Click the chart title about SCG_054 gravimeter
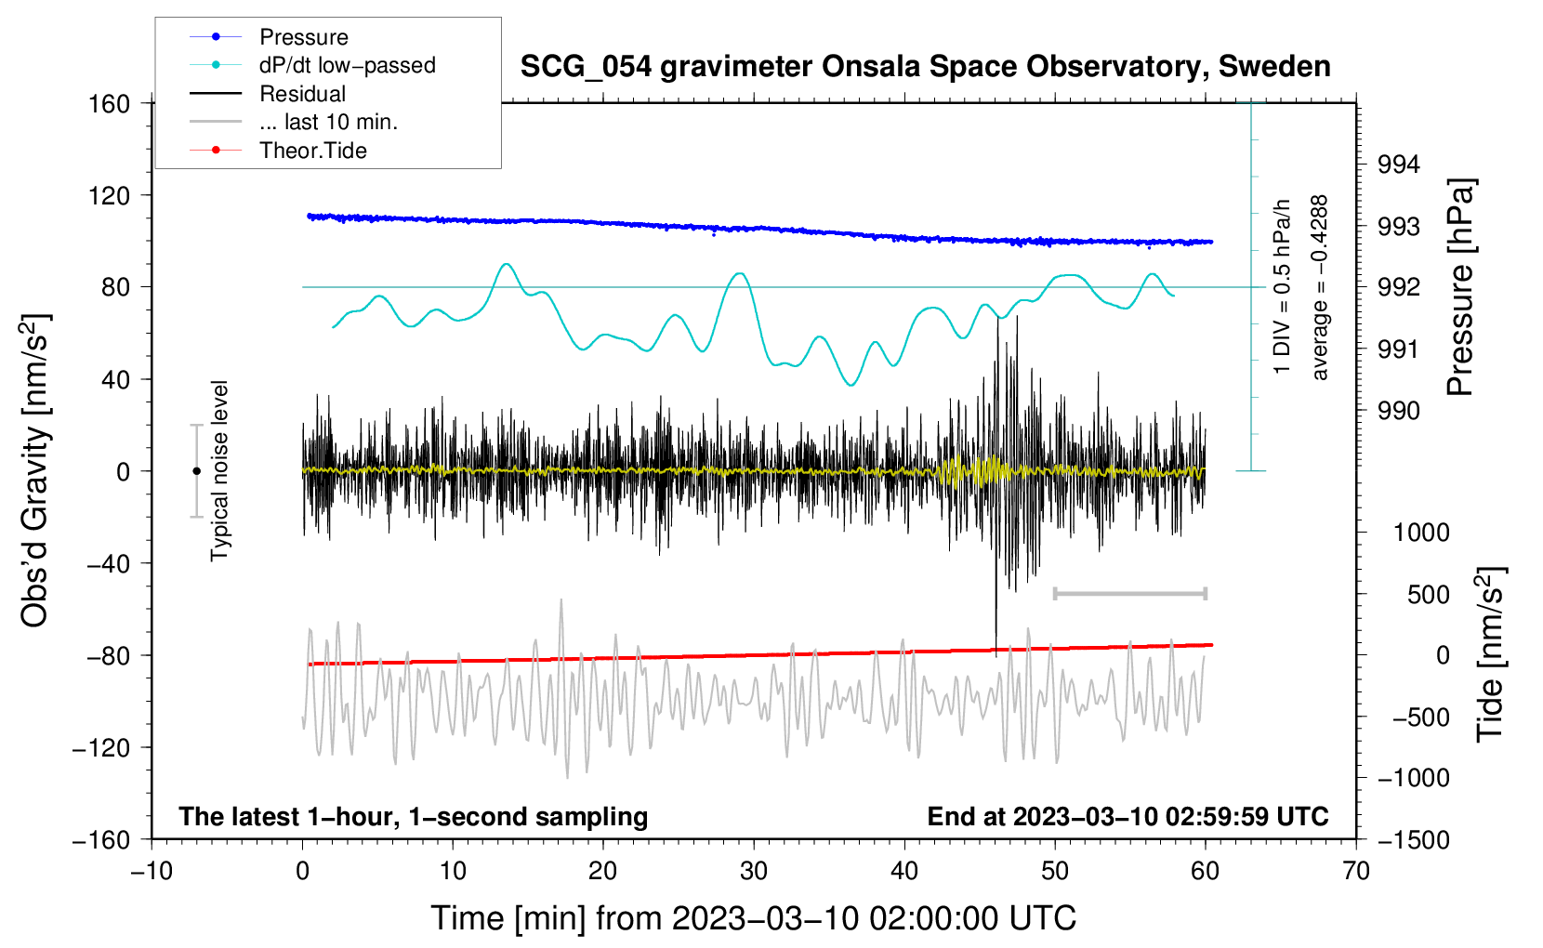click(x=925, y=67)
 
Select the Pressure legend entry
click(x=303, y=37)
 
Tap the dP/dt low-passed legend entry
click(x=347, y=65)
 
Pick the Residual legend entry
click(x=302, y=94)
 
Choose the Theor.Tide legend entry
click(x=312, y=151)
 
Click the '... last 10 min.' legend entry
click(x=328, y=122)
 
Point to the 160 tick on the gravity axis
click(x=109, y=103)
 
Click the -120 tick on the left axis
click(x=101, y=747)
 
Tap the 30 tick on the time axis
click(x=753, y=871)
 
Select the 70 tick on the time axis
click(x=1355, y=871)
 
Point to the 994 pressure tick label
click(x=1399, y=165)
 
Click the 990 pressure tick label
click(x=1399, y=411)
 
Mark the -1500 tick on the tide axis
click(x=1413, y=839)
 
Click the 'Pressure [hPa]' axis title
click(x=1460, y=287)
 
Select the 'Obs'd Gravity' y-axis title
click(x=35, y=470)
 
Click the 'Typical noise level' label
click(x=219, y=470)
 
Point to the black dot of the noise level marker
click(x=196, y=471)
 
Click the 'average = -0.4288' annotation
click(x=1320, y=287)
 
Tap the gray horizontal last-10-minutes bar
click(x=1129, y=593)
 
